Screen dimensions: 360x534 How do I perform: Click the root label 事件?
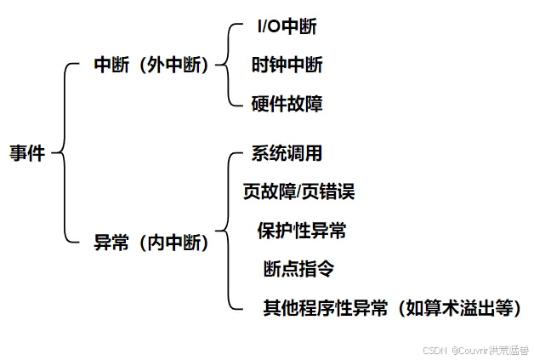pos(26,154)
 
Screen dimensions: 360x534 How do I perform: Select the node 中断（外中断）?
pos(151,65)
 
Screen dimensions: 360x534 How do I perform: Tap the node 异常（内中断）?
pos(151,243)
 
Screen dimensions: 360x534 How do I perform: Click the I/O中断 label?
pos(287,26)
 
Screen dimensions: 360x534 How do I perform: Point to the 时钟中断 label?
pos(287,65)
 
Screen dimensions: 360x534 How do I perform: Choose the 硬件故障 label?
pos(287,104)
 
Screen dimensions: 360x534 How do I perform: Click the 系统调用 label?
pos(287,154)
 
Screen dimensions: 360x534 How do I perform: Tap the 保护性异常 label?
pos(302,231)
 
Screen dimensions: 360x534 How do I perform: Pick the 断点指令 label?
pos(298,269)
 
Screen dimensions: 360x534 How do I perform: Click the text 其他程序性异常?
pos(326,307)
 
